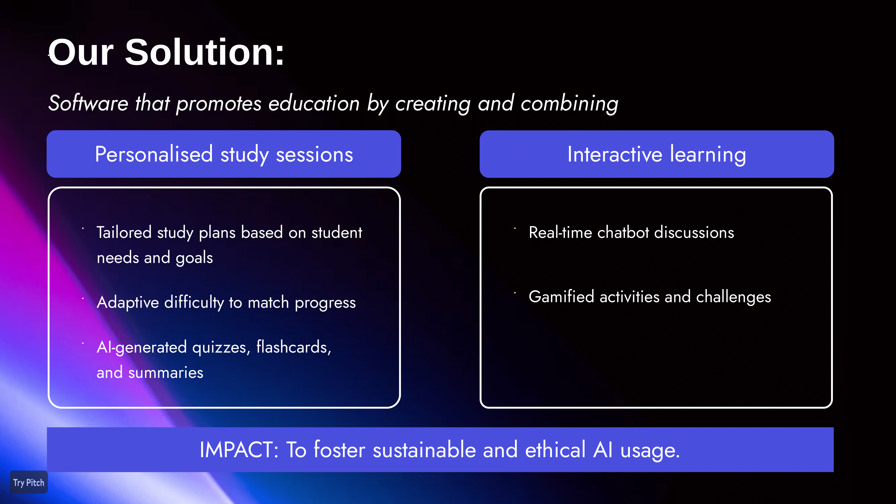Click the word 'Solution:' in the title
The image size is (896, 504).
pos(205,52)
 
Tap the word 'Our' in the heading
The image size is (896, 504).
pos(81,52)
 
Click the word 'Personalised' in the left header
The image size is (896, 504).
pos(154,154)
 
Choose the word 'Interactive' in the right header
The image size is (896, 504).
pos(615,154)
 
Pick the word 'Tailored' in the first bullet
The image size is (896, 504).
pos(124,232)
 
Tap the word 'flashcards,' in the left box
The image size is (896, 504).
pos(294,347)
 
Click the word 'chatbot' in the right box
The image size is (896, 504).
pos(623,232)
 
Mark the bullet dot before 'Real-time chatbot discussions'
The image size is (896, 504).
pos(515,228)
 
